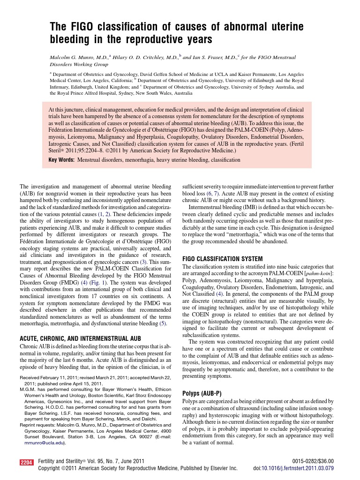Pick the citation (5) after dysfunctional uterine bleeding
click(163, 323)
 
